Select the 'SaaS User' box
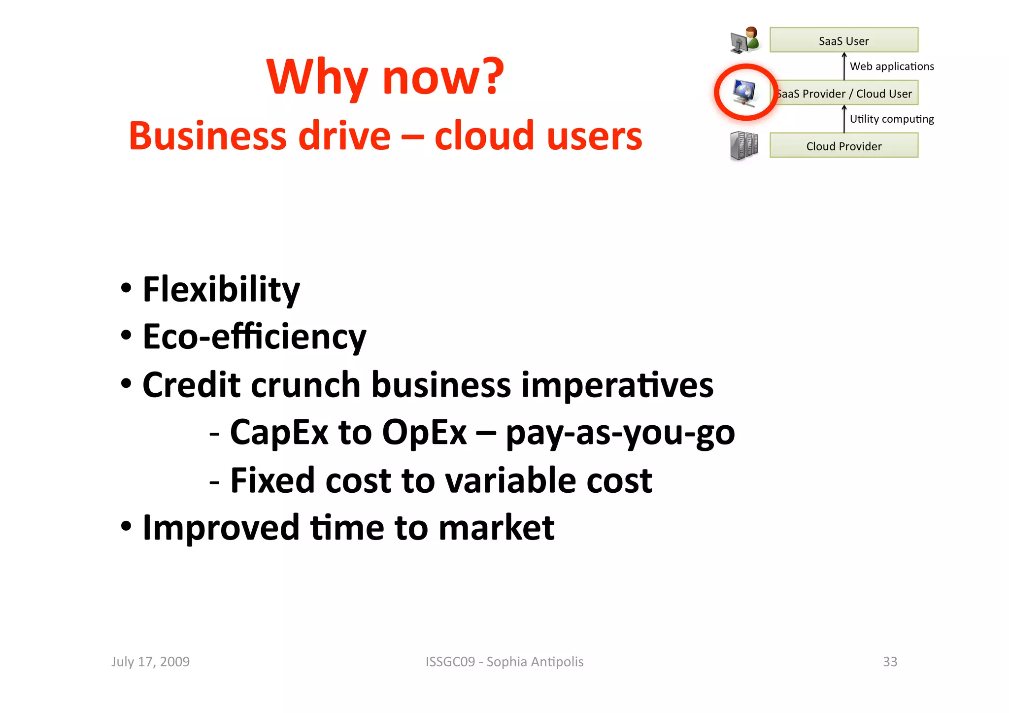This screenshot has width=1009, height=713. (843, 40)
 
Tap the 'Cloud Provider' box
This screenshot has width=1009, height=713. (843, 146)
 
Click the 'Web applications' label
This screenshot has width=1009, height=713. (892, 66)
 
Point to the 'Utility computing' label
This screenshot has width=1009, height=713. (892, 119)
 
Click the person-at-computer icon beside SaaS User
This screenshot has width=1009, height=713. (745, 40)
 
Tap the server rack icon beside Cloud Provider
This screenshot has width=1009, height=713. (744, 146)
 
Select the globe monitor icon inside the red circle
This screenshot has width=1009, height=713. (744, 92)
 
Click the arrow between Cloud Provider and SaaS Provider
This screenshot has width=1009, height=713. (844, 119)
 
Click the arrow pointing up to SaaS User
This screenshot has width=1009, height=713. (844, 66)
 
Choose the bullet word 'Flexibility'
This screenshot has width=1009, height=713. (221, 289)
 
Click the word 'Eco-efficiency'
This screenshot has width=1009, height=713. (254, 337)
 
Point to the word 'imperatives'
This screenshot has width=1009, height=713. (617, 384)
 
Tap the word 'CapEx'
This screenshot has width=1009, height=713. (279, 432)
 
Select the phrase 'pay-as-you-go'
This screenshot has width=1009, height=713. (620, 432)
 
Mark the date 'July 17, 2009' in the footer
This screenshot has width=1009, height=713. (150, 661)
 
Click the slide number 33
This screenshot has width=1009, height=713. (890, 661)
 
